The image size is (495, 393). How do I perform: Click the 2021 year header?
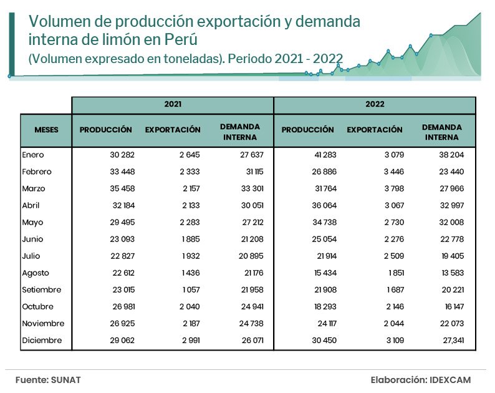173,105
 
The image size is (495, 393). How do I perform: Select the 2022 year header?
375,105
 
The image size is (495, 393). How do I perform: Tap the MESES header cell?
46,130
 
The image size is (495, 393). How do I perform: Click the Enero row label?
33,155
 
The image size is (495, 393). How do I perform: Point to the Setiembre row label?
41,289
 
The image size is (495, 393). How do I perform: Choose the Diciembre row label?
42,341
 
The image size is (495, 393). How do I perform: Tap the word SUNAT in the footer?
66,379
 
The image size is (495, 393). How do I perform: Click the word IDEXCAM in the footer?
450,379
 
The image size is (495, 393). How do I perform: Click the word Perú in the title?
183,40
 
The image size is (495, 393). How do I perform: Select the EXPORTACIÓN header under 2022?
375,130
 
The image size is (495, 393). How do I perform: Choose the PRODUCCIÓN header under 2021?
106,130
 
